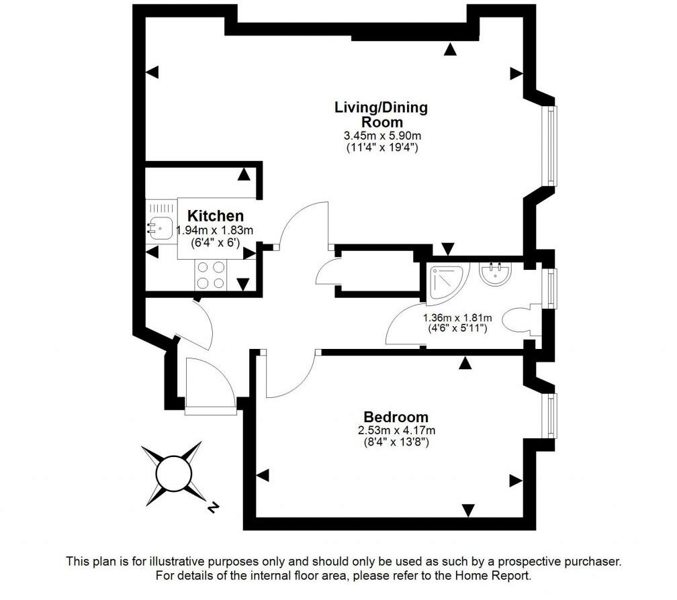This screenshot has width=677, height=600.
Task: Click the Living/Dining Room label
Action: tap(381, 114)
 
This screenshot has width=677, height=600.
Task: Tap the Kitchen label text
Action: tap(215, 216)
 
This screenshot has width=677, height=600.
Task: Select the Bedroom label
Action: tap(396, 417)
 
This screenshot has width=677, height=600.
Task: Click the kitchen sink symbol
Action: tap(161, 228)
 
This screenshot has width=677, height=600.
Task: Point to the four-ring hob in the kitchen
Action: tap(212, 274)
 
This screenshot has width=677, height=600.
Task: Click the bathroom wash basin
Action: tap(496, 273)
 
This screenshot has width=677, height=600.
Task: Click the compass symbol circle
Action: tap(174, 474)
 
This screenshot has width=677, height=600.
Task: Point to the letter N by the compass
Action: tap(212, 508)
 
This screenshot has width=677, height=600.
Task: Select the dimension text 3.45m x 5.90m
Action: tap(381, 136)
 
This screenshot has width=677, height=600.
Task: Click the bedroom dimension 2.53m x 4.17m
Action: tap(396, 430)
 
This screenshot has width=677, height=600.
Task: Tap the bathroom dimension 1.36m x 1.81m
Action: tap(457, 318)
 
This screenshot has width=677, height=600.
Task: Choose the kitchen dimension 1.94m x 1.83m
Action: tap(218, 230)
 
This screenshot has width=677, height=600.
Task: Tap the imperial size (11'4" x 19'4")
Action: tap(381, 148)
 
